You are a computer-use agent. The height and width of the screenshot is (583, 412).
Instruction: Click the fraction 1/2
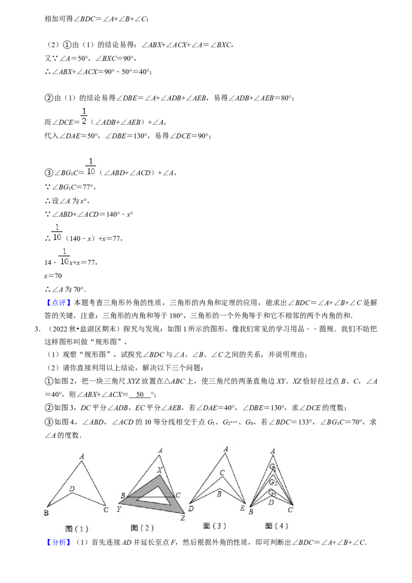point(84,115)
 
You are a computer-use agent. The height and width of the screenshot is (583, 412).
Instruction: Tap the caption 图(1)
point(77,528)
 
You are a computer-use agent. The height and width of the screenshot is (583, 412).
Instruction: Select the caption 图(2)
point(142,528)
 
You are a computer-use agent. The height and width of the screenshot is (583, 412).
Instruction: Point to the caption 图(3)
point(214,526)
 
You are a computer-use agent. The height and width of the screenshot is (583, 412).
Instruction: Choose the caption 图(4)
point(277,526)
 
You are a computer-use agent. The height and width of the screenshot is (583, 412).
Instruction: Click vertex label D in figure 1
point(72,488)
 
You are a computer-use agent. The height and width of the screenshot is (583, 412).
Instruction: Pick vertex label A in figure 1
point(81,456)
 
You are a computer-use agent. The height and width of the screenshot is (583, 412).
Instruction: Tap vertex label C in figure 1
point(106,510)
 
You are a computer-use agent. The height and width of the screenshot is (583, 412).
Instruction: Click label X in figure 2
point(160,470)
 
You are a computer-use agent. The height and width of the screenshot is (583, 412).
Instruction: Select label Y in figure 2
point(119,509)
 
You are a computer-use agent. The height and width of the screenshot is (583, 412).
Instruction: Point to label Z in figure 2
point(182,518)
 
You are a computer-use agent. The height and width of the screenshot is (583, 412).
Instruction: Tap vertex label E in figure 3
point(242,508)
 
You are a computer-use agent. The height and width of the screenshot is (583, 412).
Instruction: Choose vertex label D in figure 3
point(191,509)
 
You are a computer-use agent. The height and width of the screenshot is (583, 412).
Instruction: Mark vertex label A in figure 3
point(226,449)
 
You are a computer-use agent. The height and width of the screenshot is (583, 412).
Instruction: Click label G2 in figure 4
point(272,482)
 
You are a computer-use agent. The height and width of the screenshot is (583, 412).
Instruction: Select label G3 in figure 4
point(272,493)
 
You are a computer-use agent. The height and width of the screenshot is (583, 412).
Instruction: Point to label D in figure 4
point(271,502)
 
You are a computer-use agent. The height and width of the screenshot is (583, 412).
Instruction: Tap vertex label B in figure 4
point(251,511)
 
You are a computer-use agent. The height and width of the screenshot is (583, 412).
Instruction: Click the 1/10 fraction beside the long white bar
point(64,256)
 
